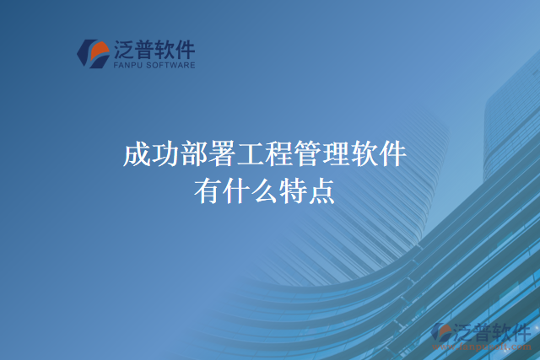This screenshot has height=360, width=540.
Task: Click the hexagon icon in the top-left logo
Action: [92, 53]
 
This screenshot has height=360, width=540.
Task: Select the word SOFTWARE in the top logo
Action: [172, 64]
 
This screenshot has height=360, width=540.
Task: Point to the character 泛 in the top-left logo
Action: [123, 49]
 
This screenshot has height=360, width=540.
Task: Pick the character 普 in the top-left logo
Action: [143, 49]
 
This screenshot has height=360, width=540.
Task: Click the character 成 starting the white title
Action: [135, 156]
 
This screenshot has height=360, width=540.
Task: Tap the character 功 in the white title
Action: [164, 156]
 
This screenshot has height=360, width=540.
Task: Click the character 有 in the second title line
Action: [208, 191]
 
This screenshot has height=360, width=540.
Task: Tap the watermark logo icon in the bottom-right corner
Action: [441, 333]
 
